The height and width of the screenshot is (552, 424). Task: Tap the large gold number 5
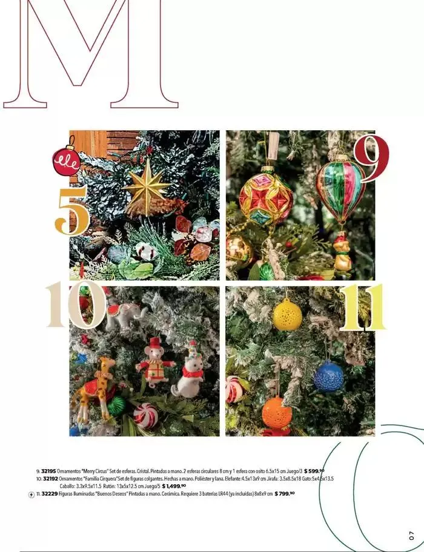coord(72,211)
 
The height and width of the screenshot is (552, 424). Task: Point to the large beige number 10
coord(75,304)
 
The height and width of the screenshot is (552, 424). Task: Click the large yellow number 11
coord(362,307)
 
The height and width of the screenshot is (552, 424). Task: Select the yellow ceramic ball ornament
coord(287,315)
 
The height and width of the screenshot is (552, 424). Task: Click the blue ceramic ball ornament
coord(329,376)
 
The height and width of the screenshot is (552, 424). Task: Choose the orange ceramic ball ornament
coord(277,413)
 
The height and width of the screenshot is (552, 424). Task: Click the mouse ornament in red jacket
coord(154,363)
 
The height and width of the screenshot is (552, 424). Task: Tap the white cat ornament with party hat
coord(188,374)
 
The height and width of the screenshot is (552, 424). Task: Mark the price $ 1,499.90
coord(174,486)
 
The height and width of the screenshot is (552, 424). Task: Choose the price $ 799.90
coord(284,494)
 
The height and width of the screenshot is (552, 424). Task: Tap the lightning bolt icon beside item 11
coord(31,494)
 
